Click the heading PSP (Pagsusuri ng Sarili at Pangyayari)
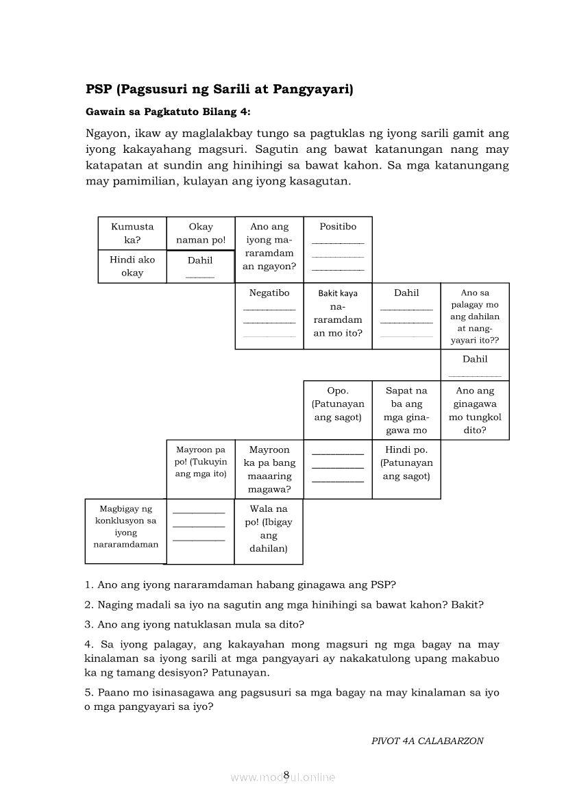click(219, 89)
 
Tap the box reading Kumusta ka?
click(132, 233)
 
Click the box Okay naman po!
click(201, 233)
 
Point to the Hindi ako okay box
click(132, 266)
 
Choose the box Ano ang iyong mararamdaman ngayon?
click(269, 246)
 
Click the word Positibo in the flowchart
click(338, 227)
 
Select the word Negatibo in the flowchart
click(269, 293)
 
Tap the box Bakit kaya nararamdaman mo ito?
click(338, 313)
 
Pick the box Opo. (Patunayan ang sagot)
click(338, 404)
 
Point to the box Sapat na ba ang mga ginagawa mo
click(406, 410)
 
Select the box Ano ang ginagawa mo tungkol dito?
click(475, 410)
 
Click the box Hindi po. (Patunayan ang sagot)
click(406, 463)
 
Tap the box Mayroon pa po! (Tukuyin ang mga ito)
click(201, 463)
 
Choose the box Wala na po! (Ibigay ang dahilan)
click(269, 528)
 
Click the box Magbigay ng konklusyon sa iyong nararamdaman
click(126, 526)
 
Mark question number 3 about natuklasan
click(195, 624)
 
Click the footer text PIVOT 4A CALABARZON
click(427, 741)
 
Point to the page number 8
click(286, 775)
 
